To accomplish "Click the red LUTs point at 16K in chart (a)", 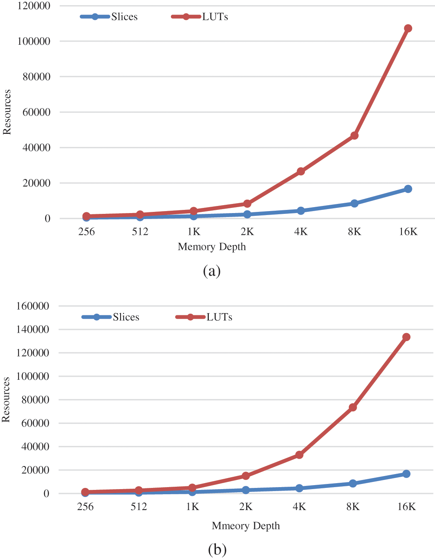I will tap(408, 29).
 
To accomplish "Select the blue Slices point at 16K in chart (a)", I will tap(408, 189).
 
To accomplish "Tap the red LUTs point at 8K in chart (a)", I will tap(354, 136).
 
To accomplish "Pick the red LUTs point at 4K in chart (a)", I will tap(301, 171).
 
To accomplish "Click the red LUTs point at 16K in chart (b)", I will tap(406, 337).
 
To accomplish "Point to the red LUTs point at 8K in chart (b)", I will tap(353, 408).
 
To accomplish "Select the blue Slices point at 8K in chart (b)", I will tap(353, 484).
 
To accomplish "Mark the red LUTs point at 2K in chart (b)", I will tap(246, 476).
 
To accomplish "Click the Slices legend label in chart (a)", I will tap(125, 17).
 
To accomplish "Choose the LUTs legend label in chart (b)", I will tap(219, 317).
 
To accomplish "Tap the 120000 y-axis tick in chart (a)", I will tap(33, 6).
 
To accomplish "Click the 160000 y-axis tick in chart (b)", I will tap(32, 306).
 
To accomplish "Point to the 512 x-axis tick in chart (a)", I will tap(140, 232).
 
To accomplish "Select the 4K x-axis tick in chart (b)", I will tap(299, 507).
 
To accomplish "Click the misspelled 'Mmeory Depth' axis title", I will tap(246, 526).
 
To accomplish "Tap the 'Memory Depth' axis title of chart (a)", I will tap(212, 247).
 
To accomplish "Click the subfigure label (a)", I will tap(212, 271).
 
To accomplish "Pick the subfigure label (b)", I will tap(217, 550).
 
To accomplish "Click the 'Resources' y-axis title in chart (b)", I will tap(6, 399).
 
